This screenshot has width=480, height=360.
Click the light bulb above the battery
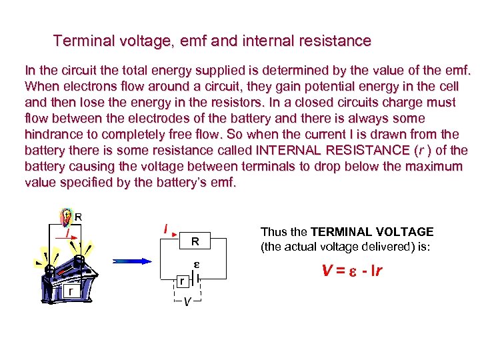[x=65, y=218]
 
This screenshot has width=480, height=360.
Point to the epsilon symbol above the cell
[x=198, y=264]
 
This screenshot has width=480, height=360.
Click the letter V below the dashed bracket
[x=188, y=301]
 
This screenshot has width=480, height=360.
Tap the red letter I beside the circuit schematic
[x=165, y=229]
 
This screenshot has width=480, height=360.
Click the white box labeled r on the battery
[x=69, y=292]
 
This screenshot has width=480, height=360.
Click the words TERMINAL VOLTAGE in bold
[x=372, y=232]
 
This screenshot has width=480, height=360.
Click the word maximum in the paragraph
[x=431, y=165]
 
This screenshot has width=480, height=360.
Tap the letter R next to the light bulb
[x=79, y=216]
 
